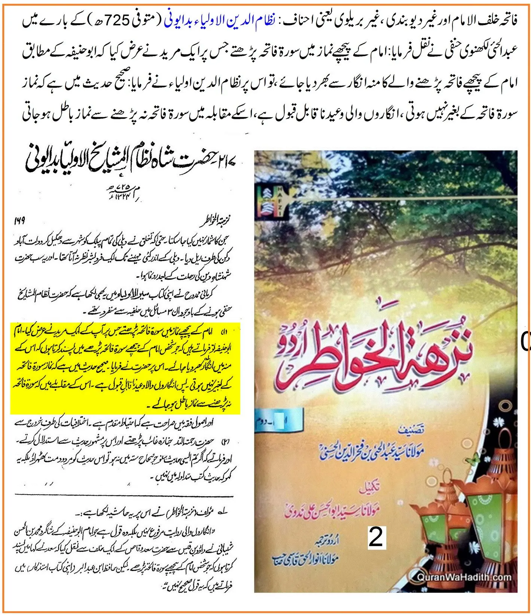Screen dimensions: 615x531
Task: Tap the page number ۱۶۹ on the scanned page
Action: click(19, 220)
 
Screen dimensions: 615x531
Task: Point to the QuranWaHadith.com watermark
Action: click(464, 587)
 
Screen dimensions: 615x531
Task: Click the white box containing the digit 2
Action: click(376, 537)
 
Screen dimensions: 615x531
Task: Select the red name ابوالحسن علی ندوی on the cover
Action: click(337, 511)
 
